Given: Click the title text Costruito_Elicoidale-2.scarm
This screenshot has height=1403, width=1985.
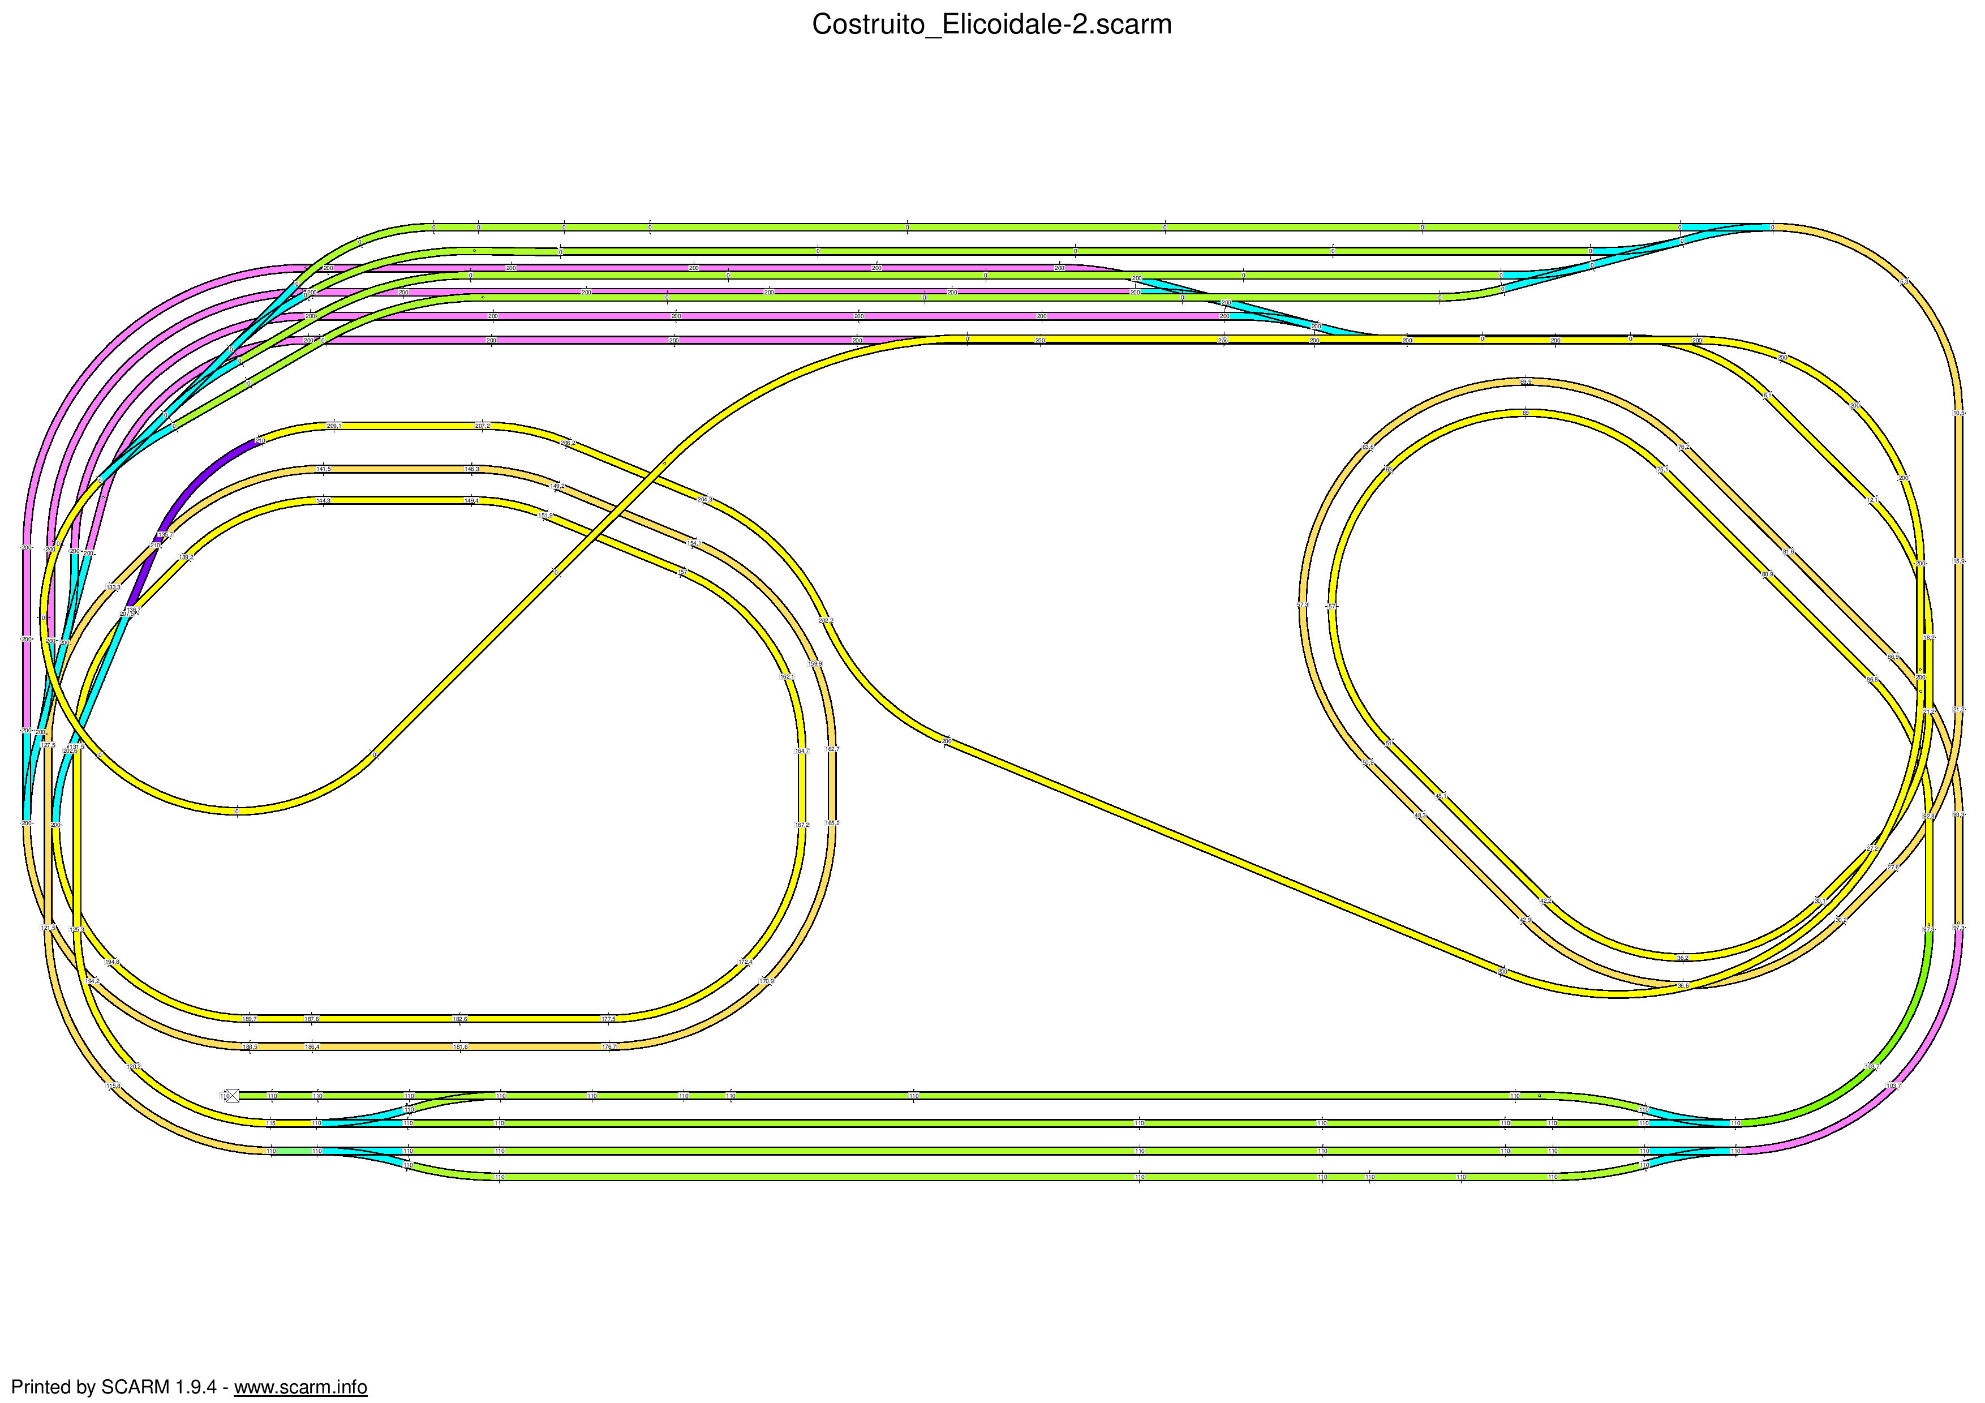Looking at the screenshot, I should coord(991,25).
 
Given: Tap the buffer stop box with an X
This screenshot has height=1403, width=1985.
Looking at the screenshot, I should coord(231,1095).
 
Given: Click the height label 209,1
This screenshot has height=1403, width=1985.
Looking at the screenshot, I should coord(334,425).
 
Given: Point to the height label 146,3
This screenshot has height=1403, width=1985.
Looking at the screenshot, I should coord(471,469).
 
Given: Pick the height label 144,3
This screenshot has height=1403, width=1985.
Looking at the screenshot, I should coord(323,500).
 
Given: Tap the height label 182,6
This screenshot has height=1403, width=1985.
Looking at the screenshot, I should coord(460,1019).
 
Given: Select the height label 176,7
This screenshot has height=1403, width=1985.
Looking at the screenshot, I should coord(609,1047).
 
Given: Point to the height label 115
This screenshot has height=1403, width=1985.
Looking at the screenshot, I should coord(270,1124).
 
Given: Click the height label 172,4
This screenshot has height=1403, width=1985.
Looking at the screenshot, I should coord(745,962).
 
